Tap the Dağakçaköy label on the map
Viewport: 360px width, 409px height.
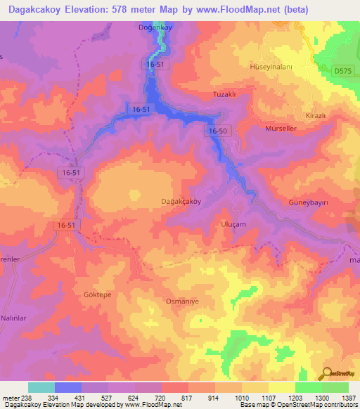tap(181, 202)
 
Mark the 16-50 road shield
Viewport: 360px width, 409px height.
tap(218, 131)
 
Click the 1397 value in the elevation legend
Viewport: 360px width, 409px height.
tap(348, 397)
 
